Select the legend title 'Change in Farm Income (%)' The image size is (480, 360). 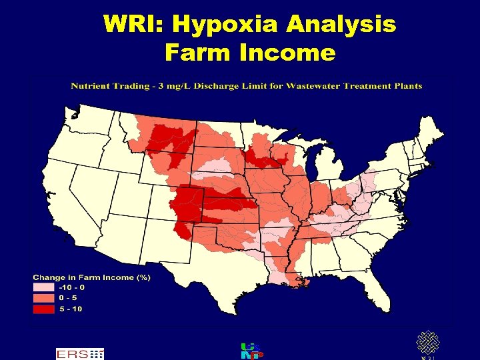(x=92, y=277)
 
